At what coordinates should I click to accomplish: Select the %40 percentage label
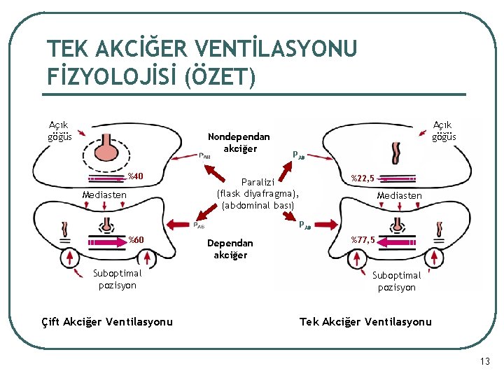[135, 176]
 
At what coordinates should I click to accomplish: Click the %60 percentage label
[136, 241]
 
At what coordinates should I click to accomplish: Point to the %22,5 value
[363, 178]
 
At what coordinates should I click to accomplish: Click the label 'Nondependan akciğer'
[239, 142]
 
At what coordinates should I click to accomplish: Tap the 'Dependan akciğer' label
[230, 248]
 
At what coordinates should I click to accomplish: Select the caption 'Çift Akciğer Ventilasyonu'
[107, 321]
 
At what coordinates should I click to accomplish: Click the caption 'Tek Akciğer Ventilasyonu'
[365, 321]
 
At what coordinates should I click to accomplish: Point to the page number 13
[485, 361]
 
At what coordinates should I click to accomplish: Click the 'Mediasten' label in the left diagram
[104, 195]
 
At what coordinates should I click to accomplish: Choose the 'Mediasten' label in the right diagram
[399, 195]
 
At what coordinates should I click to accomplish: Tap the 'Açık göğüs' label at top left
[59, 130]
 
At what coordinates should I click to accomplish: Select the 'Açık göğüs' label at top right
[444, 130]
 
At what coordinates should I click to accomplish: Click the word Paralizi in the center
[258, 181]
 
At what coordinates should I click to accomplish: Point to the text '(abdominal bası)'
[258, 205]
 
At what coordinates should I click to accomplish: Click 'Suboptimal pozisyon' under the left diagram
[117, 279]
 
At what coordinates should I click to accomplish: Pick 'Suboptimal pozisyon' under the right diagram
[396, 281]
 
